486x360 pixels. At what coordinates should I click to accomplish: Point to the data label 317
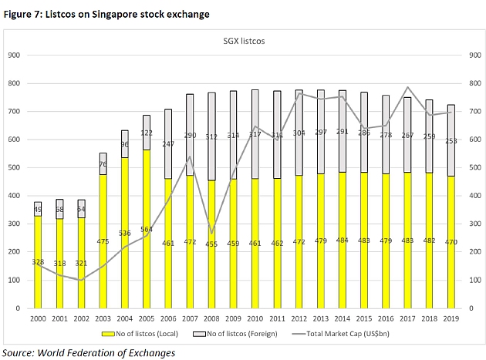tap(254, 134)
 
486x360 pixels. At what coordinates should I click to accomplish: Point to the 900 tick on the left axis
tap(13, 55)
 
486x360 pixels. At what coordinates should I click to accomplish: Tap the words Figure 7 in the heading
tap(25, 14)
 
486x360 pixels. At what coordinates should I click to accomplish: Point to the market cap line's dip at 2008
tap(211, 233)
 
